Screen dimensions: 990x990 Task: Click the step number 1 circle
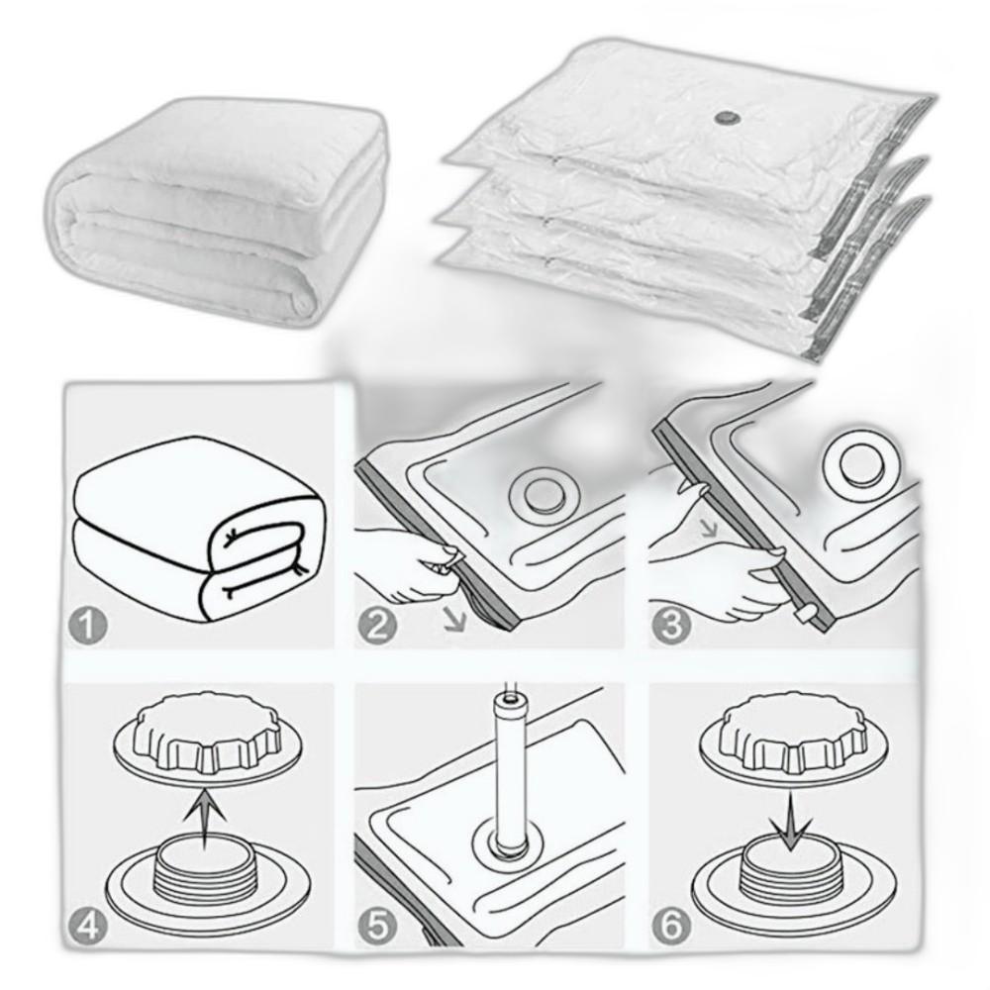point(87,625)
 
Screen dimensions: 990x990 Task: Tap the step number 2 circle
point(377,625)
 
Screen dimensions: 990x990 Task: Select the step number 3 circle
point(670,625)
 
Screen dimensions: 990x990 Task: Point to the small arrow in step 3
point(711,529)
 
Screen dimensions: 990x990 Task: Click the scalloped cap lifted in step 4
point(207,740)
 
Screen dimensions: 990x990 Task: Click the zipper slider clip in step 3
point(803,613)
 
